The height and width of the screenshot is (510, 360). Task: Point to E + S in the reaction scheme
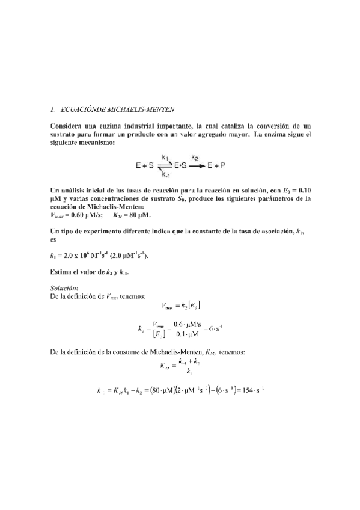[145, 164]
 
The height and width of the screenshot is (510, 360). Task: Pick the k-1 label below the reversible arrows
[165, 175]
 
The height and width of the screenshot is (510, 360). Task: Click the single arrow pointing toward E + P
[196, 165]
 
